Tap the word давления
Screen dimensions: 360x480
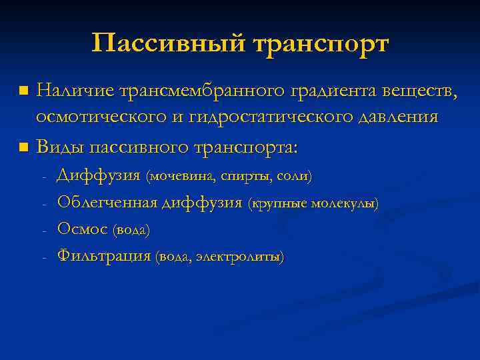400,117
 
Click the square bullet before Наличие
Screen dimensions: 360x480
24,89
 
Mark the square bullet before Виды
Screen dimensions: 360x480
24,146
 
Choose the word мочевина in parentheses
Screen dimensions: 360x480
181,176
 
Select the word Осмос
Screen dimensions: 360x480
83,229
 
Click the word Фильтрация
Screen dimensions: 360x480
104,255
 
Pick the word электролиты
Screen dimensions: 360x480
249,257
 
